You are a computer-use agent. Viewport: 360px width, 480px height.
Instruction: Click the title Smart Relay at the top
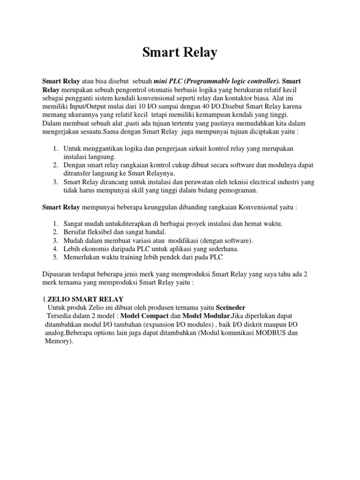(180, 53)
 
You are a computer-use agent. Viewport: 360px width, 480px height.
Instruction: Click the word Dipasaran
(60, 274)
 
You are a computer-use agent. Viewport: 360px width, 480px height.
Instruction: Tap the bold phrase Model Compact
(143, 316)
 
